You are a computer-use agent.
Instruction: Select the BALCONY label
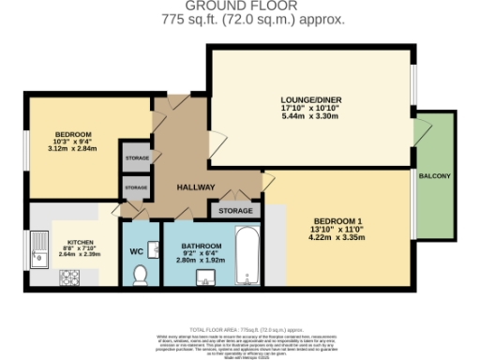point(434,177)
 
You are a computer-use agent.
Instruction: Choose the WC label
point(135,251)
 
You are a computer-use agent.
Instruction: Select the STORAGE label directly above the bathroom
point(235,212)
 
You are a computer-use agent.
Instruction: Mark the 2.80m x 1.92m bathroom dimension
point(200,260)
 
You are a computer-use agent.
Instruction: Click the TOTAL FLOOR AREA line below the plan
point(240,331)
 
